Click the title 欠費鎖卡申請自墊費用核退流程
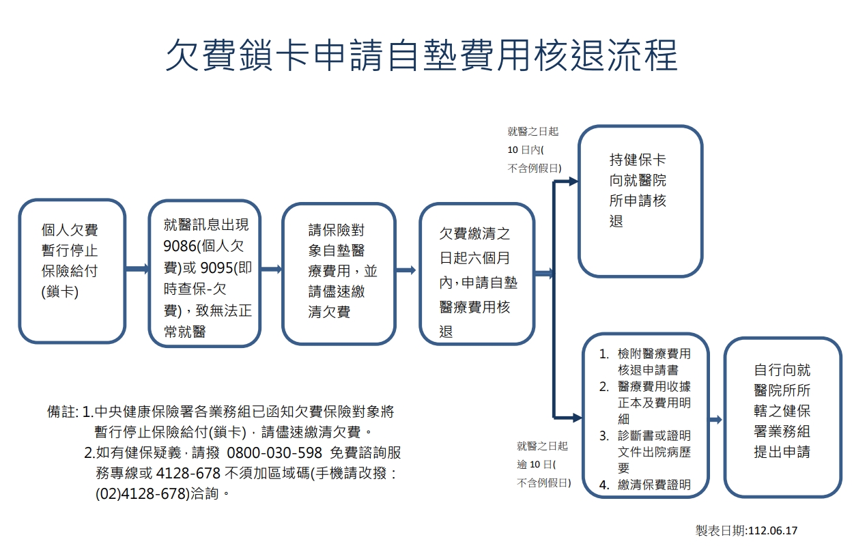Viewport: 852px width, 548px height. pyautogui.click(x=421, y=55)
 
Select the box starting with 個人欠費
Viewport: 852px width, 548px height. pyautogui.click(x=72, y=271)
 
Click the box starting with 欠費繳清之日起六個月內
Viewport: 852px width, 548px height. pyautogui.click(x=477, y=273)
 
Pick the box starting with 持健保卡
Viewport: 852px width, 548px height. pyautogui.click(x=640, y=201)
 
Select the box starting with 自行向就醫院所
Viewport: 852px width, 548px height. pyautogui.click(x=782, y=416)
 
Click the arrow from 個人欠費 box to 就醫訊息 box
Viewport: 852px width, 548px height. pyautogui.click(x=137, y=270)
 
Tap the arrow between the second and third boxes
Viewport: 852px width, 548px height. pyautogui.click(x=271, y=270)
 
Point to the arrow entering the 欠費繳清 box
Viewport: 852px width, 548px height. pyautogui.click(x=406, y=270)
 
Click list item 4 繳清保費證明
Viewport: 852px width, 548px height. pyautogui.click(x=654, y=485)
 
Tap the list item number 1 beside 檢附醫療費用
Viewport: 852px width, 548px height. pyautogui.click(x=603, y=354)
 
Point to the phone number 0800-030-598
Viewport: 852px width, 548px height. pyautogui.click(x=274, y=453)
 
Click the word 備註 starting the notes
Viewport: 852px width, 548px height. pyautogui.click(x=61, y=412)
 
